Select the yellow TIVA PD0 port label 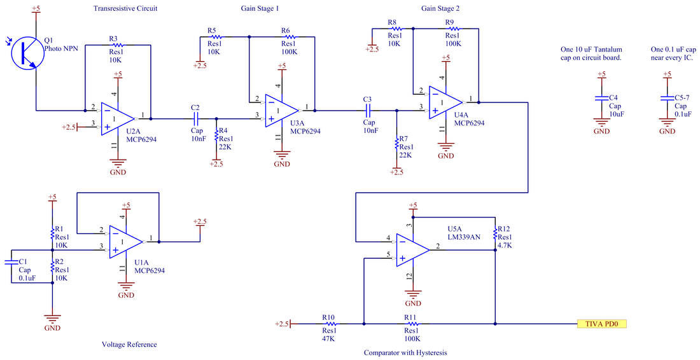click(x=602, y=324)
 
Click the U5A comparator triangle click(x=412, y=250)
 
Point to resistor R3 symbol click(x=118, y=45)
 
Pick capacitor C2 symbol click(x=195, y=119)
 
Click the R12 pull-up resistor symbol click(x=495, y=234)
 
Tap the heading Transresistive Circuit click(x=125, y=8)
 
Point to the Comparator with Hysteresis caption click(x=405, y=352)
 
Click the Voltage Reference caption click(x=129, y=344)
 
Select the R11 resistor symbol click(x=412, y=324)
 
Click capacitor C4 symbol click(x=602, y=98)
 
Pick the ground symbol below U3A click(x=282, y=155)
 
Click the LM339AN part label click(x=464, y=237)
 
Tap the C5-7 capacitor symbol click(x=667, y=98)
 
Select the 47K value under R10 click(x=328, y=338)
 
